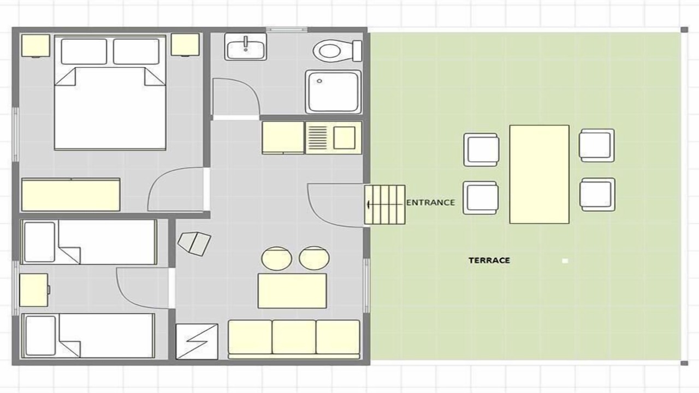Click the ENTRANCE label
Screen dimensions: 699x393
pos(430,203)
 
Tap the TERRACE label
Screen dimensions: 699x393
pos(489,260)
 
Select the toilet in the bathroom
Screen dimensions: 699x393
pos(337,51)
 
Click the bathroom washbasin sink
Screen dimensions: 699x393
pos(246,47)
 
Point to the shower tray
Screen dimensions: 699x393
pos(333,92)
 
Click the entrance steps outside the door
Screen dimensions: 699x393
pos(385,205)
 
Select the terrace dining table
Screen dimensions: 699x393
pos(539,174)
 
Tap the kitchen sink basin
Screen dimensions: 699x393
pos(344,138)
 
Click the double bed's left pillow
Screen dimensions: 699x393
pos(84,51)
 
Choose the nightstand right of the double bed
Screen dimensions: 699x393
pos(185,45)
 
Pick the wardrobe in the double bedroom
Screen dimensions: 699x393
pos(71,195)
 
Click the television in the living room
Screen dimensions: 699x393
pos(194,243)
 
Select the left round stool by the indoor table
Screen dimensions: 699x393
pos(276,259)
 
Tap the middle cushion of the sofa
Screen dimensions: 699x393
pos(294,337)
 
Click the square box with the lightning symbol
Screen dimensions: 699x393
pos(197,342)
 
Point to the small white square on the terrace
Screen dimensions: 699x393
pos(565,261)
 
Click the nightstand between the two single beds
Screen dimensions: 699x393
pos(34,290)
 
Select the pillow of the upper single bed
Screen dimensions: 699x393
pos(40,242)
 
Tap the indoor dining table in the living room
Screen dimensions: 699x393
pos(292,291)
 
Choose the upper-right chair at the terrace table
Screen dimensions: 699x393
pos(597,145)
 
